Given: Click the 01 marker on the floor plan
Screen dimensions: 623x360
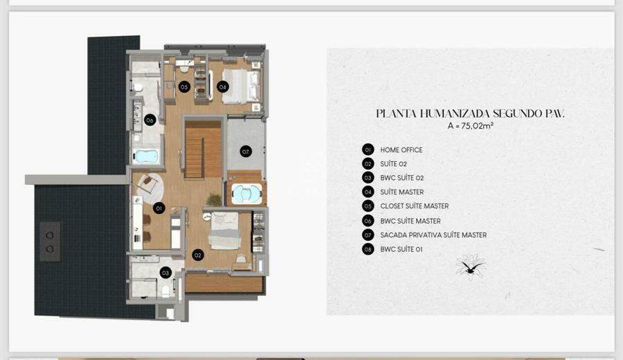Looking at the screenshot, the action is click(159, 208).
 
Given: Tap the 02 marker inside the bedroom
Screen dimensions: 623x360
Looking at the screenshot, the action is click(198, 255).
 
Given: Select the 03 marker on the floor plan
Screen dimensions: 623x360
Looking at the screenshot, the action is click(165, 273).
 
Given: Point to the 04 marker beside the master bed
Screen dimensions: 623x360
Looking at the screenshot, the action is click(222, 87).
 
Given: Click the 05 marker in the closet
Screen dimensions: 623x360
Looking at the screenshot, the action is click(184, 87).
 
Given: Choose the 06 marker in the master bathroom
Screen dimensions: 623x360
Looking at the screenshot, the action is click(150, 120).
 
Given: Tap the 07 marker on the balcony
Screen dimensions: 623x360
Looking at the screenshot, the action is click(246, 152).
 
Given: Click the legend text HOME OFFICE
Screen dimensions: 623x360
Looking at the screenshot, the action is click(401, 150).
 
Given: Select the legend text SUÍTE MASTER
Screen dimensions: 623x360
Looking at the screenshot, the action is click(401, 192).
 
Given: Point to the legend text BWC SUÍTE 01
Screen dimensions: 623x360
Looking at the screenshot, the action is click(401, 249).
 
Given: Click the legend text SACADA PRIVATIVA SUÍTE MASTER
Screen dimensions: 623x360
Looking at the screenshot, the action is click(433, 235).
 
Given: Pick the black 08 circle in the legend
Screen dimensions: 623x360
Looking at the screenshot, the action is click(368, 249).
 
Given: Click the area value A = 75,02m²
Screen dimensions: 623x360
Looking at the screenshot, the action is click(471, 125).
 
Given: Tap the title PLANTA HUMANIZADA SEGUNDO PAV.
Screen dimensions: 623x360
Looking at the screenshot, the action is click(470, 114).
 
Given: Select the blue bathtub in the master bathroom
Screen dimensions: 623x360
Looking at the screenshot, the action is click(145, 156).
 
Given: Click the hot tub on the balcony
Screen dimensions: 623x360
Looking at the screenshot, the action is click(246, 194).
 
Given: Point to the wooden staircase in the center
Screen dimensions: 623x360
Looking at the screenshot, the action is click(203, 150).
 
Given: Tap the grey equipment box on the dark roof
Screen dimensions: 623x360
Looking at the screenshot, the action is click(50, 242).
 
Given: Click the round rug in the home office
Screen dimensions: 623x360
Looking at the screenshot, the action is click(150, 187).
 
